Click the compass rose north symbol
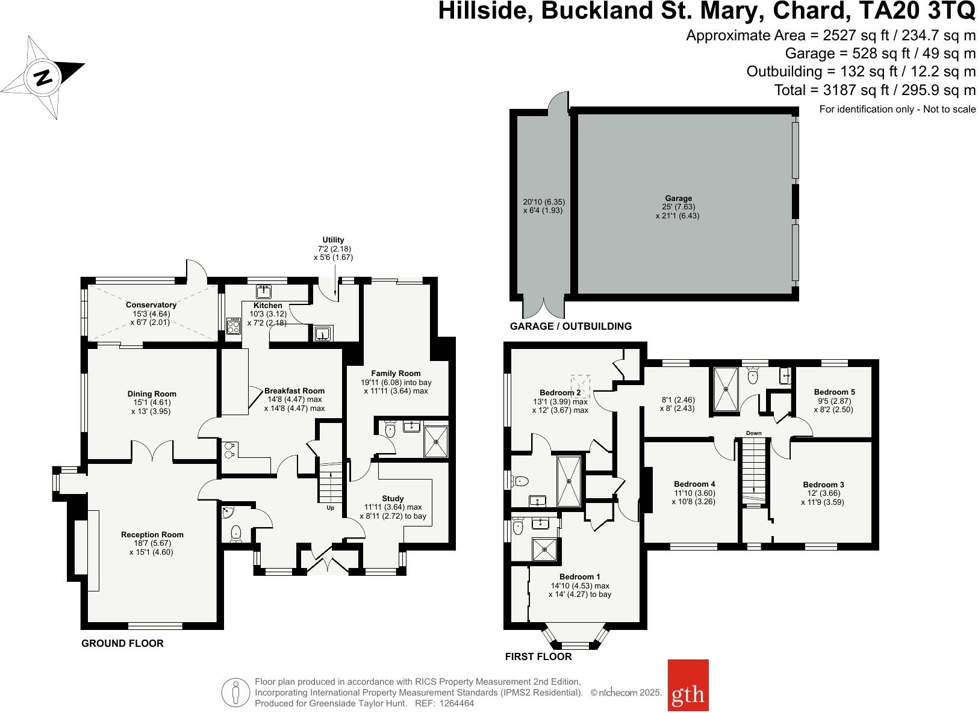pyautogui.click(x=43, y=77)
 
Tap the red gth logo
pyautogui.click(x=688, y=694)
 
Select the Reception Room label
pyautogui.click(x=152, y=534)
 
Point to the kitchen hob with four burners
pyautogui.click(x=233, y=326)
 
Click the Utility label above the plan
pyautogui.click(x=333, y=240)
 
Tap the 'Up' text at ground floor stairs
pyautogui.click(x=330, y=508)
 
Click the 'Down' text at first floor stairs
pyautogui.click(x=753, y=433)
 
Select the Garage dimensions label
pyautogui.click(x=678, y=207)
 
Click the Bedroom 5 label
pyautogui.click(x=834, y=392)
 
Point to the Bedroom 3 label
pyautogui.click(x=823, y=484)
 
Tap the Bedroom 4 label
pyautogui.click(x=694, y=484)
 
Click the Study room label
pyautogui.click(x=393, y=498)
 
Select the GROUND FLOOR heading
pyautogui.click(x=122, y=643)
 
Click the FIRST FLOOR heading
pyautogui.click(x=538, y=656)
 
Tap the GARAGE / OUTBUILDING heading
pyautogui.click(x=570, y=326)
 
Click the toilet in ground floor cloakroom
pyautogui.click(x=236, y=532)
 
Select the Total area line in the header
pyautogui.click(x=874, y=90)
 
